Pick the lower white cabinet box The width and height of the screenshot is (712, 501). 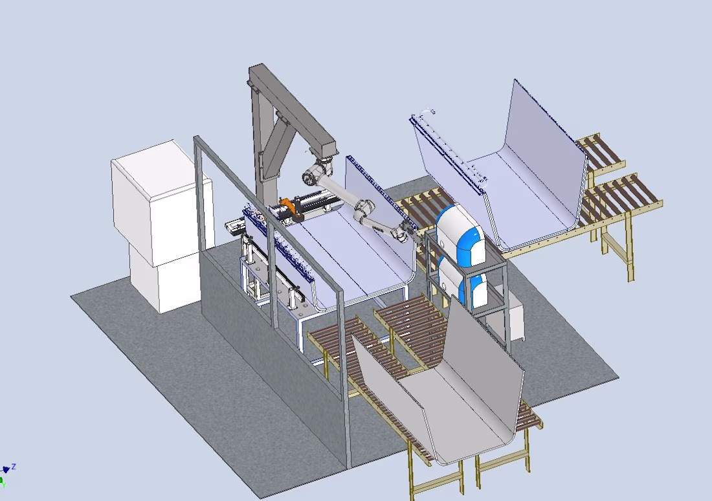(166, 280)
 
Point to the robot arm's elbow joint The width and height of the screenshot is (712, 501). (363, 210)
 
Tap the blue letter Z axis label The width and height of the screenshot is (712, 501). (14, 467)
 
